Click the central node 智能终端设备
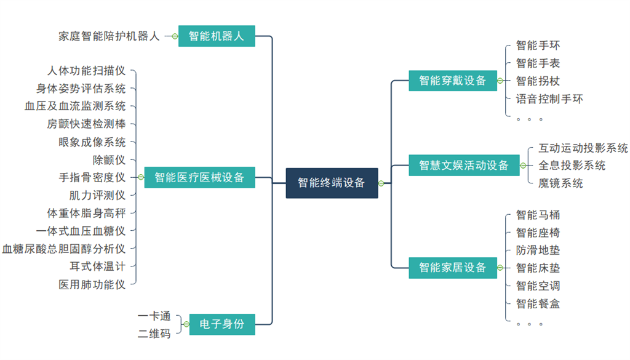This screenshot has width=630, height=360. [x=332, y=183]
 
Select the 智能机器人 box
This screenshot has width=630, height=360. [x=217, y=36]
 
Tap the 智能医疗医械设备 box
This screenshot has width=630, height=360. [x=199, y=178]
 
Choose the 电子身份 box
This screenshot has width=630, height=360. [x=222, y=324]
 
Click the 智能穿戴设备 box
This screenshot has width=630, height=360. [x=452, y=81]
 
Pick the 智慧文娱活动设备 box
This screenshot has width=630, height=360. [x=464, y=165]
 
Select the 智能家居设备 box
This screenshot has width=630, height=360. [x=452, y=268]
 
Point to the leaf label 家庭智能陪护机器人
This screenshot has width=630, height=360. [x=109, y=36]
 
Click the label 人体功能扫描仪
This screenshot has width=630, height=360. [x=86, y=71]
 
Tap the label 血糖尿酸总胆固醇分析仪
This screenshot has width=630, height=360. [x=64, y=249]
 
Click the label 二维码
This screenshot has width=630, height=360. [x=154, y=334]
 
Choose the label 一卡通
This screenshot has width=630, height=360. [x=154, y=316]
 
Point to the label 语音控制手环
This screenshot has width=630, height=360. [x=549, y=98]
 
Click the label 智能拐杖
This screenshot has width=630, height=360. [x=538, y=81]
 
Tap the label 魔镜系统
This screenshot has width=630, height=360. [x=560, y=183]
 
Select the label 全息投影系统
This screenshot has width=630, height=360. [x=572, y=166]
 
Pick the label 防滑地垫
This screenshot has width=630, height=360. [x=538, y=250]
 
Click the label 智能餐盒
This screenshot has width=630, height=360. [x=538, y=303]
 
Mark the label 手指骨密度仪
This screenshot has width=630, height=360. [x=92, y=178]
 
